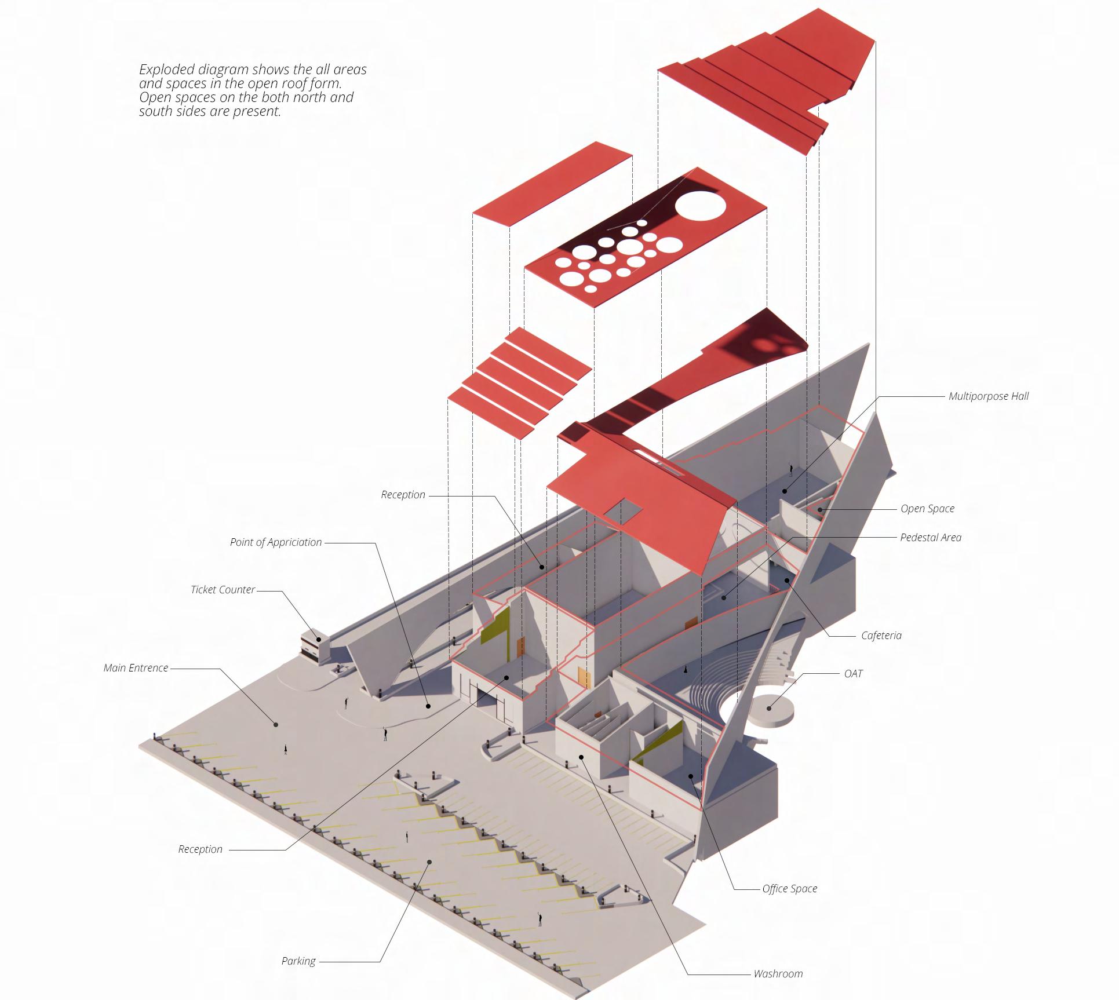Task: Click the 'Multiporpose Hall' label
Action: [988, 396]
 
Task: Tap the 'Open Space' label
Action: [927, 509]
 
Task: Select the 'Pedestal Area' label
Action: [930, 538]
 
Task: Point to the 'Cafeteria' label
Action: [881, 636]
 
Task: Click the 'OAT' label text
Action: [853, 674]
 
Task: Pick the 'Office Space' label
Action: [789, 889]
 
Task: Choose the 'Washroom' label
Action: [778, 974]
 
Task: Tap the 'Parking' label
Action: [298, 961]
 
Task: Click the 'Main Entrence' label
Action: [136, 668]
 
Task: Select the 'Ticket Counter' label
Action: [223, 590]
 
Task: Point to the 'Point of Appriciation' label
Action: [275, 542]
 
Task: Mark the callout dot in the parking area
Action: [429, 862]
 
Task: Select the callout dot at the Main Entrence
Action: [276, 724]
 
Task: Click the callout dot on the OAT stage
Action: [770, 707]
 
